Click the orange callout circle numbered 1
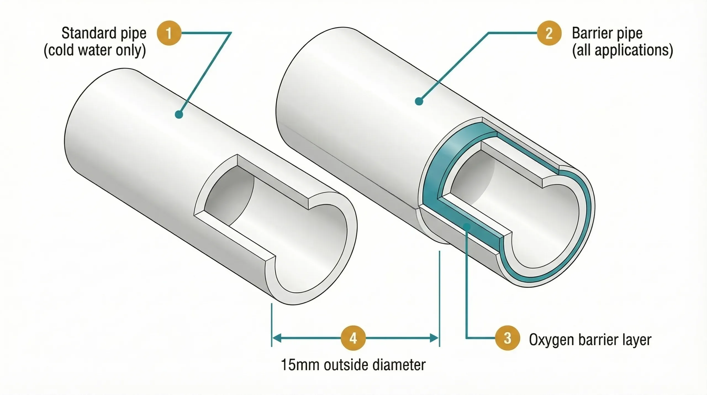click(169, 33)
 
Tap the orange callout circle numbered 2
click(549, 33)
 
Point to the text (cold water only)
click(95, 51)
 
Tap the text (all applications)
click(622, 51)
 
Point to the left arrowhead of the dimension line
click(276, 338)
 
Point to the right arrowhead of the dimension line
click(434, 338)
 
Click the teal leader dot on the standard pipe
click(179, 114)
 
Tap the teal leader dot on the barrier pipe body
click(419, 101)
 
